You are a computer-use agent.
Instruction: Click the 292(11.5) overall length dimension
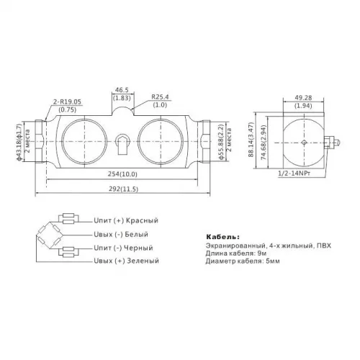[123, 189]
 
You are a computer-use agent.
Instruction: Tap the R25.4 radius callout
[160, 97]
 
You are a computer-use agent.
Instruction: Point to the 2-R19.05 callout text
[67, 102]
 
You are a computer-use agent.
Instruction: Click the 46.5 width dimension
[122, 90]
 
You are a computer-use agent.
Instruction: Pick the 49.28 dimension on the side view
[303, 98]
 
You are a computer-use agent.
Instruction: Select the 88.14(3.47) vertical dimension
[251, 140]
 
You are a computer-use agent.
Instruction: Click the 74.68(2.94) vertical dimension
[264, 143]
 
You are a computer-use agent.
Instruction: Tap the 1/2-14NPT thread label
[294, 174]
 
